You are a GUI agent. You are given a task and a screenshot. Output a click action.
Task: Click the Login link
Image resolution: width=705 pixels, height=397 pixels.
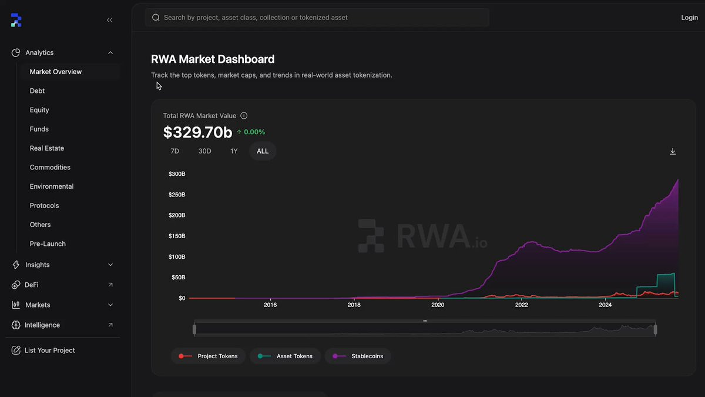point(689,18)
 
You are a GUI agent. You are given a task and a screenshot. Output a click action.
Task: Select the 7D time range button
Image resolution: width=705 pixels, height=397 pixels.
point(174,151)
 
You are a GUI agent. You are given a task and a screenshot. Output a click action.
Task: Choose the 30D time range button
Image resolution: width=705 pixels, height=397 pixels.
point(204,151)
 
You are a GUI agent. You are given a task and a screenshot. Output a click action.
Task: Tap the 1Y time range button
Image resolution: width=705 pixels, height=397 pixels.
point(234,151)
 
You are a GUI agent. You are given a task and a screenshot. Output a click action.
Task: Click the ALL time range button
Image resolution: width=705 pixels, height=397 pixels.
point(263,151)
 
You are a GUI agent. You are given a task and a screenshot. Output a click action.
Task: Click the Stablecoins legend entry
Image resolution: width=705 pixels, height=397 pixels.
point(358,356)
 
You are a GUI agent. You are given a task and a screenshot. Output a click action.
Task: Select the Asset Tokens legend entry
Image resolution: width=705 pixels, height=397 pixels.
point(285,356)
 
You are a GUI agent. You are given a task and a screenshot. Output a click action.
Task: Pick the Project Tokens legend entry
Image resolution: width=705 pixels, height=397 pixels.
point(208,356)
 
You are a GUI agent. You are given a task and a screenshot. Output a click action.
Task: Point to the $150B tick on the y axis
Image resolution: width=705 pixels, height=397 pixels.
point(177,236)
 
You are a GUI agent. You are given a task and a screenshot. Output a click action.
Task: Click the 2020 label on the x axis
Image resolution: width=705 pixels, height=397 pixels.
point(438,305)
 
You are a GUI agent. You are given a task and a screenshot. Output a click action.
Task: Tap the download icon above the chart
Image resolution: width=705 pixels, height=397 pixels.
point(673,152)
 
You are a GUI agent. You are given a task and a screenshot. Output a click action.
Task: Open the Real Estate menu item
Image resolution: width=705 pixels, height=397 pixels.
point(47,148)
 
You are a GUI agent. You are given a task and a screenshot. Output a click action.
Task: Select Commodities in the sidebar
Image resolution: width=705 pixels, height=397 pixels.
point(50,167)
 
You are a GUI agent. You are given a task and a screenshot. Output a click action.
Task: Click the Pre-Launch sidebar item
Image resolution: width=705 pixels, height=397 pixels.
point(48,244)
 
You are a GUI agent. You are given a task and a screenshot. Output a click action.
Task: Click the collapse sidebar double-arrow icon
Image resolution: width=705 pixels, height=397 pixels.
point(109,20)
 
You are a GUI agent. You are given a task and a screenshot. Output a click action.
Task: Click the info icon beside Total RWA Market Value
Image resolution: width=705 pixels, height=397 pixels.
point(244,116)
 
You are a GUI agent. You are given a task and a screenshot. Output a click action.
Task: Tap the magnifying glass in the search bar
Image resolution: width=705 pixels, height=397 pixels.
point(156,18)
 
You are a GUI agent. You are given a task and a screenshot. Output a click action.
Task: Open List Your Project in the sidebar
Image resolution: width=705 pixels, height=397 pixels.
point(50,351)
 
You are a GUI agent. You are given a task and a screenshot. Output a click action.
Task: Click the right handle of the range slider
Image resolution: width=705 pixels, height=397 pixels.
point(655,329)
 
